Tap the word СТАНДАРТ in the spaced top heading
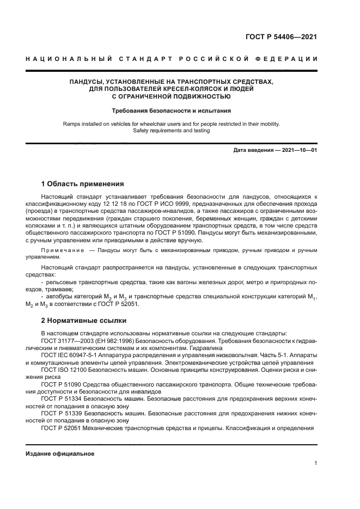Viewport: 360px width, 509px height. tap(148, 59)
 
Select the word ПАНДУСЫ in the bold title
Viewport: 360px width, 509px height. tap(87, 82)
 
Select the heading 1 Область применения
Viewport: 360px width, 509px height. tap(83, 183)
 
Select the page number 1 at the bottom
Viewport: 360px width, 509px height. tap(315, 463)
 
